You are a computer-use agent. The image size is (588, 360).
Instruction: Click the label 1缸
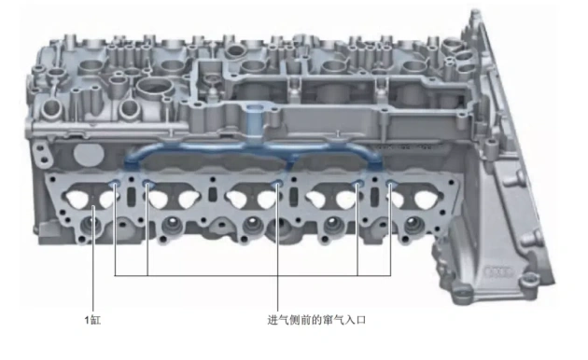(x=92, y=320)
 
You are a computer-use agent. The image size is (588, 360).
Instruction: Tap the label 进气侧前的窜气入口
(x=316, y=320)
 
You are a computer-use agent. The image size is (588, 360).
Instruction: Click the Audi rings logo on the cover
(x=498, y=272)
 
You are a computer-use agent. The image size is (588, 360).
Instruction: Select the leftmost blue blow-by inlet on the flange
(x=115, y=183)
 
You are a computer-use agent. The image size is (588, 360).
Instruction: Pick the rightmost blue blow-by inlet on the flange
(x=391, y=184)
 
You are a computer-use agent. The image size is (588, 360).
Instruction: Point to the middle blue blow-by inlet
(x=277, y=184)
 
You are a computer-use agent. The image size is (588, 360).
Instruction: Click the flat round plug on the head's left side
(x=86, y=154)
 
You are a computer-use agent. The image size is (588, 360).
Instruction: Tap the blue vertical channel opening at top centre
(x=255, y=109)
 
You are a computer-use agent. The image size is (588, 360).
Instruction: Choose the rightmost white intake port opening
(x=425, y=199)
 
